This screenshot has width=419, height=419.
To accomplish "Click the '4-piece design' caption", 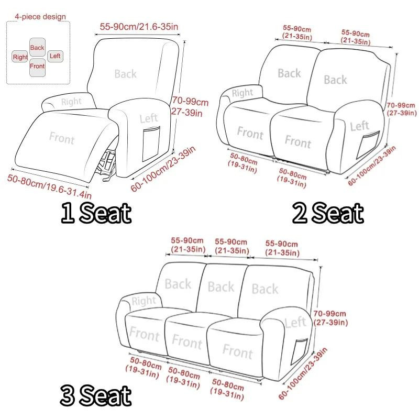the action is [x=40, y=17].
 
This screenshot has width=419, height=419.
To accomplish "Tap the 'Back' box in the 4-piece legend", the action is [x=37, y=47].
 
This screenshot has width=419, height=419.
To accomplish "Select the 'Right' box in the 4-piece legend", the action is [x=20, y=57].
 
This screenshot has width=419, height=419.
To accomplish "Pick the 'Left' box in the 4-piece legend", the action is [x=56, y=56].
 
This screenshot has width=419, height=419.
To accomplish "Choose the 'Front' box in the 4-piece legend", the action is [x=37, y=68].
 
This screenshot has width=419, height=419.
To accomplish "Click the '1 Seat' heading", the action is [x=96, y=213].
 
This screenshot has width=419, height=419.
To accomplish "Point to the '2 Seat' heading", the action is [x=328, y=213].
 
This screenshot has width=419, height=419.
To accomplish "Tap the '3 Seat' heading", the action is [x=96, y=395].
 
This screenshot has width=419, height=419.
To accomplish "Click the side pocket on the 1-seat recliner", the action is [x=151, y=144].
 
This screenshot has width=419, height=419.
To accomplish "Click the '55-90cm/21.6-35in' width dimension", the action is [x=139, y=27].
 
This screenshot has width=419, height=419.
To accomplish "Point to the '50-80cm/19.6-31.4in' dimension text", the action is [x=49, y=186].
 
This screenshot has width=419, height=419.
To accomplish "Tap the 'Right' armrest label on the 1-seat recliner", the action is [x=71, y=102].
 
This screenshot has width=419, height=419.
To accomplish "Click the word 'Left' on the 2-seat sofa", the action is [x=359, y=126].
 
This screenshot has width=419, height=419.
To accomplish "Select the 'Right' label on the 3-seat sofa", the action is [x=144, y=301].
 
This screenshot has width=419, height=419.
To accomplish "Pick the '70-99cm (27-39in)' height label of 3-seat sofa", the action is [x=330, y=318].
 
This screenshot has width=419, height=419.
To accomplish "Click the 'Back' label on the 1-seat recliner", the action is [x=125, y=74].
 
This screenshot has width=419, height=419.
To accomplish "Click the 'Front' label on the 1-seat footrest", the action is [x=62, y=138].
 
